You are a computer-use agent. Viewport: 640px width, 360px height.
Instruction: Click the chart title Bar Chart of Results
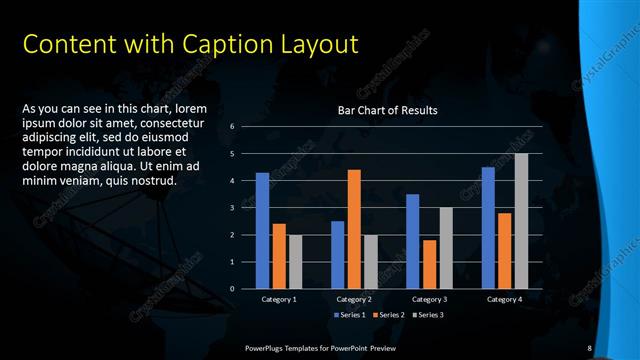(x=388, y=110)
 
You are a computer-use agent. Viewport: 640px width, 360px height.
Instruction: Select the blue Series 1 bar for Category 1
(x=262, y=230)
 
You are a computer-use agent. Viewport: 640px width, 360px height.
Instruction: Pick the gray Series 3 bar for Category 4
(x=521, y=221)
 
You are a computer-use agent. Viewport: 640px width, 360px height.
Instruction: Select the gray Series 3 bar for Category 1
(x=295, y=261)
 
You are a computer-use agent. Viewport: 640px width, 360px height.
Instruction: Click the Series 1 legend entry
(x=349, y=315)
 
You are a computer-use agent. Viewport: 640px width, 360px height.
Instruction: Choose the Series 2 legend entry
(x=388, y=315)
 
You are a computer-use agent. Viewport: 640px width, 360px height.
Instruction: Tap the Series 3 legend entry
(x=428, y=315)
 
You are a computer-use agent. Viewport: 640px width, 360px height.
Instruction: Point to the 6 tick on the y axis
(x=232, y=127)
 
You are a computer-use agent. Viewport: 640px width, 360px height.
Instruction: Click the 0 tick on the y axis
(x=232, y=289)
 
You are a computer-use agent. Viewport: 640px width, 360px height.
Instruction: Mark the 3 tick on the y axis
(x=232, y=208)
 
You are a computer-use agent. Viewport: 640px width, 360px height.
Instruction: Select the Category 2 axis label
(x=354, y=299)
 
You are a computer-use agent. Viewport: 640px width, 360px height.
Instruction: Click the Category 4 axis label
(x=504, y=299)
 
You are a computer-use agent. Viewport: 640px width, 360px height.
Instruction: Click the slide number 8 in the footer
(x=590, y=347)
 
